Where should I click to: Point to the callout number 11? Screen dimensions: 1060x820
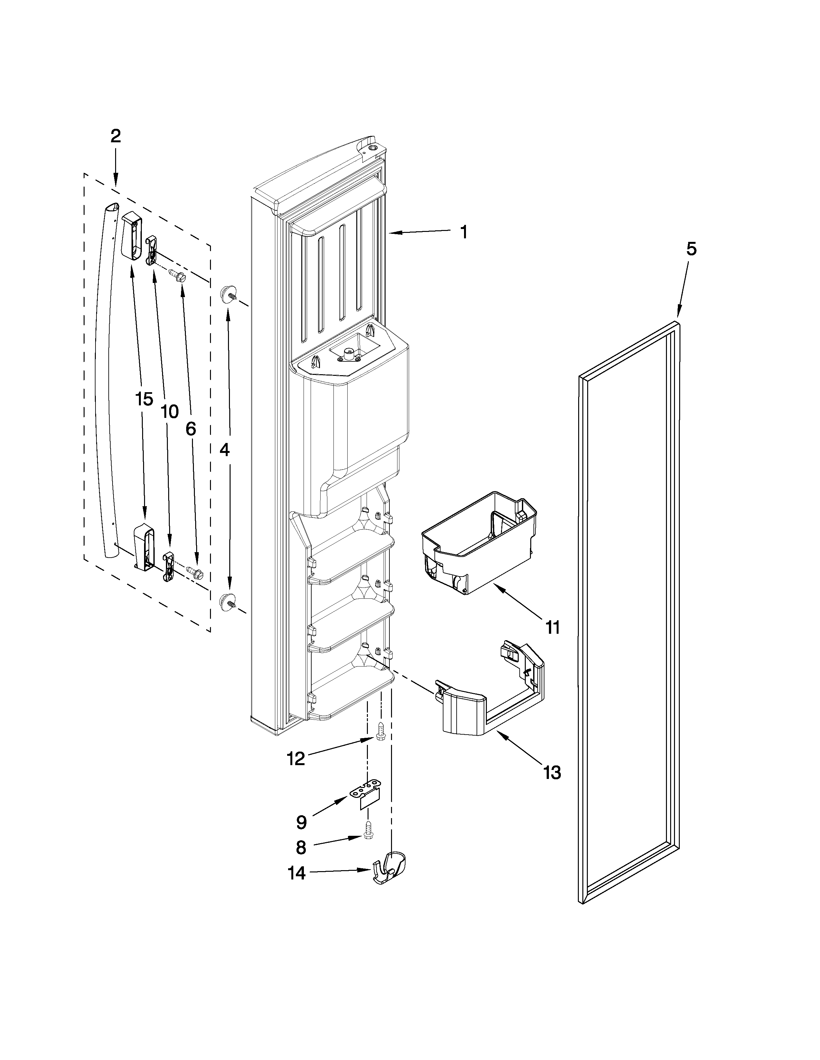coord(552,627)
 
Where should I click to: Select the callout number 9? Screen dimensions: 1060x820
coord(301,822)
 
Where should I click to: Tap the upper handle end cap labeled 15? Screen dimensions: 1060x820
coord(132,235)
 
